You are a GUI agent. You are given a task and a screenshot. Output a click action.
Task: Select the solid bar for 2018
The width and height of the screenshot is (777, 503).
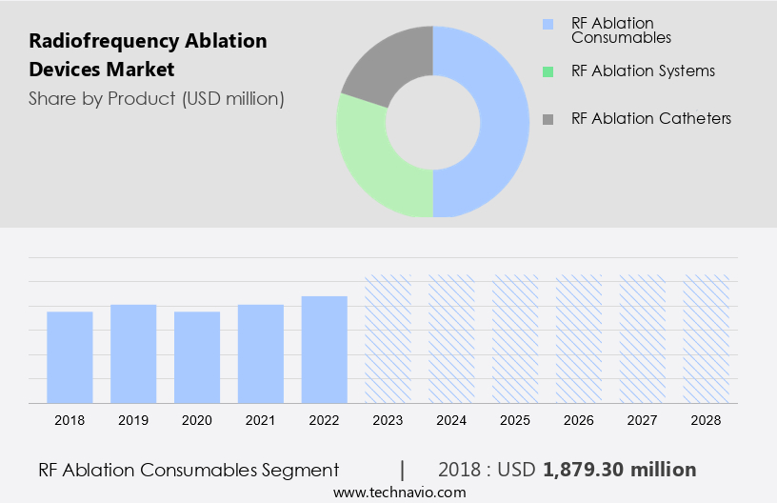[x=70, y=357]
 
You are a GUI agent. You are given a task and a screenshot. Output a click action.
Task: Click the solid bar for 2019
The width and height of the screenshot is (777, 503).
[x=133, y=353]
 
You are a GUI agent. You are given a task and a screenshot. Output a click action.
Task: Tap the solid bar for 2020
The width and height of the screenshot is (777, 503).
[x=197, y=357]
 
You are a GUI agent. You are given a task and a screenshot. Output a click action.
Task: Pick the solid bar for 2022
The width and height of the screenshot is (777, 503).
[x=325, y=350]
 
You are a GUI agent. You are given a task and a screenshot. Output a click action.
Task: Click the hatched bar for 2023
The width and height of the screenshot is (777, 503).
[x=388, y=339]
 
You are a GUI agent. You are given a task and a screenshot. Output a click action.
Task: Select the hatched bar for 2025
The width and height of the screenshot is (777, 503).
[x=515, y=339]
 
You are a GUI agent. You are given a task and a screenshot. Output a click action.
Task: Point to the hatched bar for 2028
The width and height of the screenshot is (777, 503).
[x=707, y=339]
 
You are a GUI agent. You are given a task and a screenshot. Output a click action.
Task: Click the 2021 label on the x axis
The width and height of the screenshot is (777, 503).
[x=261, y=419]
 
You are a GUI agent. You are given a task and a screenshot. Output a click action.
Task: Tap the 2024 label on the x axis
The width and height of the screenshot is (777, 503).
[x=451, y=419]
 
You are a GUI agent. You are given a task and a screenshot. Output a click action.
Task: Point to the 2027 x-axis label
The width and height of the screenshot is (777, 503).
[x=643, y=419]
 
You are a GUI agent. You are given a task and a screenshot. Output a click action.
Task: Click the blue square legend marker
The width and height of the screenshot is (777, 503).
[x=547, y=24]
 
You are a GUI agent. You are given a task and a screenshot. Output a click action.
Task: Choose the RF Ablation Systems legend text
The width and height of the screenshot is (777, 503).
[x=643, y=70]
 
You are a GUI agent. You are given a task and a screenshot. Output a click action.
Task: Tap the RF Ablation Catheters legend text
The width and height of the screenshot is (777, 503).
[x=651, y=118]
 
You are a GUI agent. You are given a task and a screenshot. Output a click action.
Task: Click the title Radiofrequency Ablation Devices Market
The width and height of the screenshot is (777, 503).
[x=148, y=56]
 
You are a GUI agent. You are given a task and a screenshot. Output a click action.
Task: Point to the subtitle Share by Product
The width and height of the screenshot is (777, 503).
[x=156, y=98]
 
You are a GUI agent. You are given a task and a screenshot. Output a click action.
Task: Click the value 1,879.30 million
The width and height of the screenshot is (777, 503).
[x=620, y=470]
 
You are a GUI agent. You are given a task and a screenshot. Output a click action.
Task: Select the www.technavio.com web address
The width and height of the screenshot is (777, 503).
[x=399, y=492]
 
